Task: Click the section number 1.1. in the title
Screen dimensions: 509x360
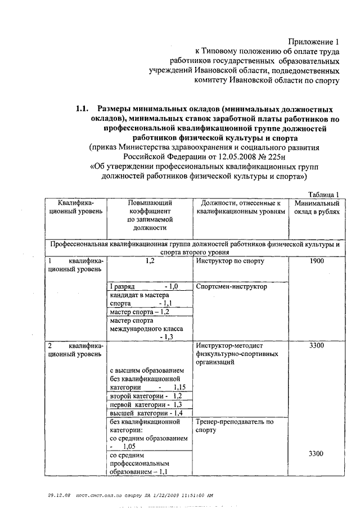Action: pos(83,109)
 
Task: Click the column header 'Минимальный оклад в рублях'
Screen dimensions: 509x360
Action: pos(316,207)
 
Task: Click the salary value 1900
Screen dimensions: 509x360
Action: pos(316,262)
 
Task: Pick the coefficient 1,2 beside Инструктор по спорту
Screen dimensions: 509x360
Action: pos(150,262)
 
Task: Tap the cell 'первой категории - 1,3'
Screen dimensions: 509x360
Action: pos(146,404)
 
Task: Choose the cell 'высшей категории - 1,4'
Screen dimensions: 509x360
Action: pos(146,413)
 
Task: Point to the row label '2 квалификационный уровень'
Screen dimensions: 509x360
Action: pos(75,349)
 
